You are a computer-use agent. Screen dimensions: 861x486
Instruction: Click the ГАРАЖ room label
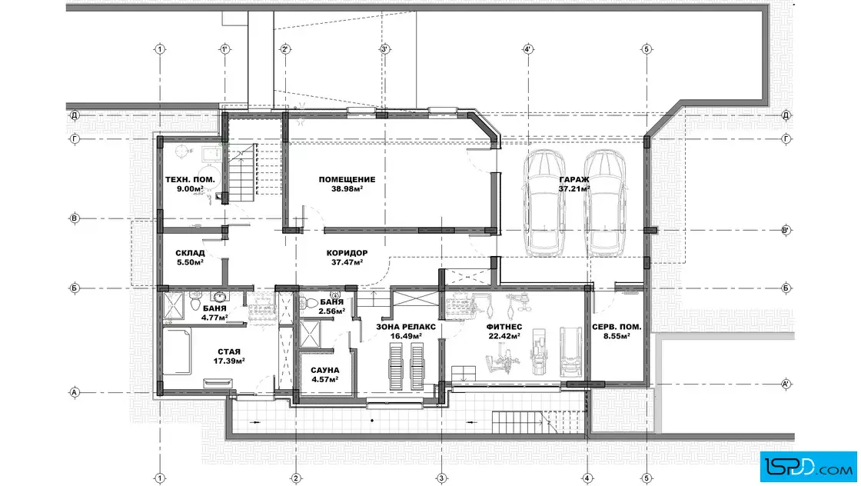(x=574, y=180)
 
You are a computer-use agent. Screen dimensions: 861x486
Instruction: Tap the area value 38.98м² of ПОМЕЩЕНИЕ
(x=347, y=188)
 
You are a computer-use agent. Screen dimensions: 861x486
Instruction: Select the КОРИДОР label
(x=347, y=253)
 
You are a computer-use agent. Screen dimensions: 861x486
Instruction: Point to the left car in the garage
(x=544, y=204)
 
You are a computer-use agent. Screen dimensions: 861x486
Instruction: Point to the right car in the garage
(x=604, y=204)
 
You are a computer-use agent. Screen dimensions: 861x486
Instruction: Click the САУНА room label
(x=325, y=370)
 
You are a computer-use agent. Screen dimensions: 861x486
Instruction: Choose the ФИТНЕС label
(x=504, y=327)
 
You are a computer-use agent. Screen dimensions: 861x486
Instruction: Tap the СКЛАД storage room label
(x=190, y=253)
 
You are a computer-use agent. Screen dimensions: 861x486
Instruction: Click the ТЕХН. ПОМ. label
(x=190, y=180)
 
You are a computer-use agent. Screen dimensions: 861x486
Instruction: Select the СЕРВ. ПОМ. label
(x=617, y=327)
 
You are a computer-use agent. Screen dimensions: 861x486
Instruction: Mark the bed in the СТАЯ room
(x=178, y=351)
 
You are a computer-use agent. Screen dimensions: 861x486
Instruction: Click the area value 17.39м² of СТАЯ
(x=229, y=361)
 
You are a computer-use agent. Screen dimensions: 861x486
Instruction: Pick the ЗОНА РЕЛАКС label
(x=406, y=327)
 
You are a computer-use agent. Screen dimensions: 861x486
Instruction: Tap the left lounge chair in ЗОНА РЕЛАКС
(x=396, y=366)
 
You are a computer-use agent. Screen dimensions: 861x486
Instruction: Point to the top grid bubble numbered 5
(x=647, y=49)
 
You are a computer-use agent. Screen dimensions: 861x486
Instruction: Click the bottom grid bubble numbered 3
(x=441, y=478)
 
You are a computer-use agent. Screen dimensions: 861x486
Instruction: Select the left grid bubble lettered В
(x=75, y=218)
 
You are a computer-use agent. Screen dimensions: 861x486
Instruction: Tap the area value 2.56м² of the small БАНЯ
(x=331, y=311)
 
